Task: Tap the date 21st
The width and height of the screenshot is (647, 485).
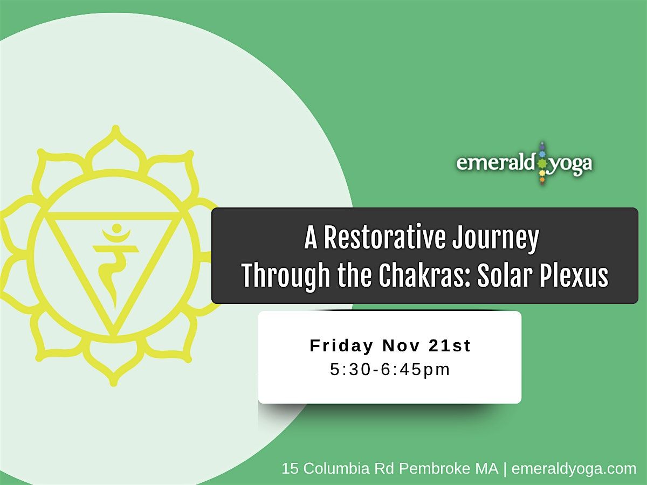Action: pyautogui.click(x=450, y=346)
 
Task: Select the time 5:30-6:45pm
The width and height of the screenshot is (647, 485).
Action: pyautogui.click(x=390, y=370)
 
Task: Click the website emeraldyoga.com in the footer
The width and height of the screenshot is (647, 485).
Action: pyautogui.click(x=574, y=469)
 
